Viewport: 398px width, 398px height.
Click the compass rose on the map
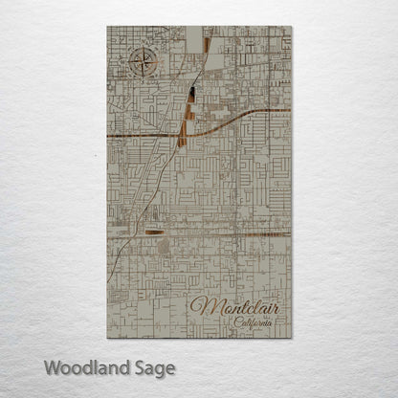(141, 66)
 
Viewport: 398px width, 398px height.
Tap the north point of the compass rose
(141, 49)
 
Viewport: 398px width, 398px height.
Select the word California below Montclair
(254, 324)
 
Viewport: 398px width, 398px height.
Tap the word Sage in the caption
(154, 366)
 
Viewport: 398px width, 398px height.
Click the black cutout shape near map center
(193, 95)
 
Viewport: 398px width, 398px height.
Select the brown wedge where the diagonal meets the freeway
(184, 126)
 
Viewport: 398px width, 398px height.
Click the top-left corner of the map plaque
(107, 27)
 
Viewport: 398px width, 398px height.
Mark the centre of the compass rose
(141, 66)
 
